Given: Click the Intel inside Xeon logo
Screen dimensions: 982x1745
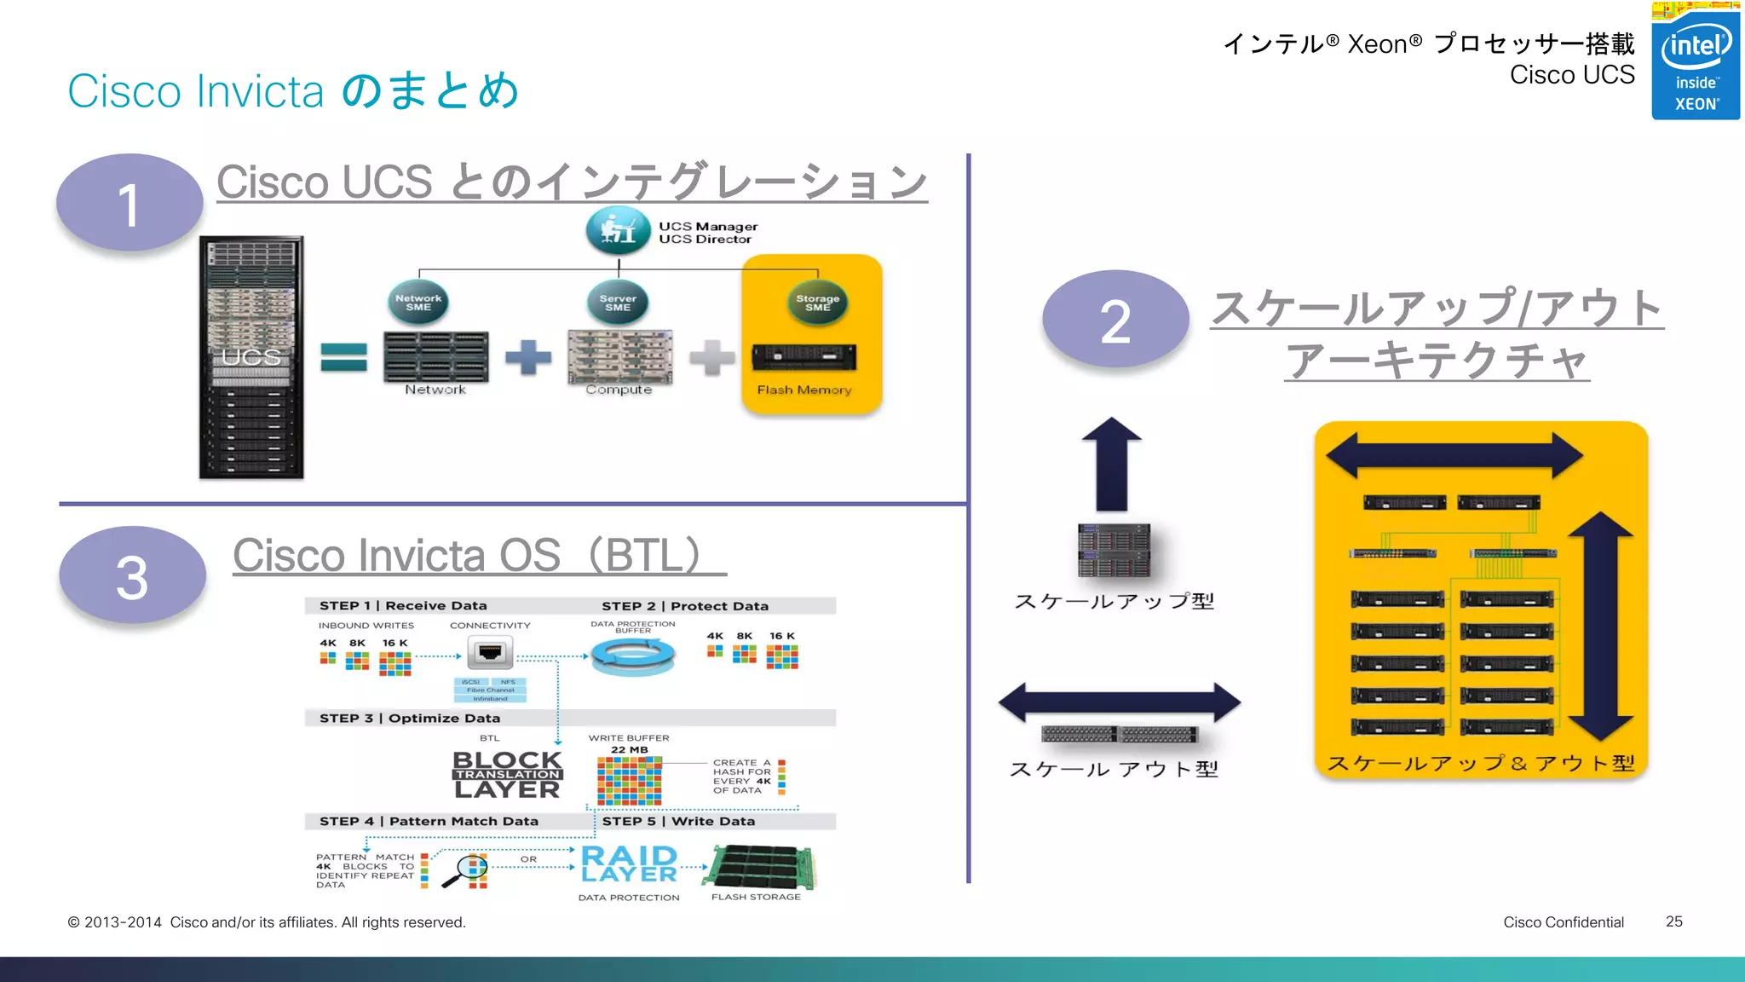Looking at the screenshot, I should [x=1695, y=61].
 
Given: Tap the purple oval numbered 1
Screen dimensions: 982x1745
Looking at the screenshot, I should [x=130, y=203].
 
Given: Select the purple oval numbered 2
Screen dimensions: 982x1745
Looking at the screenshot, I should [x=1115, y=320].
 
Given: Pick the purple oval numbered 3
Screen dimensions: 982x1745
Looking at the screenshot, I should [x=132, y=575].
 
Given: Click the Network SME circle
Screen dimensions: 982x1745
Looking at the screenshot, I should [x=418, y=303].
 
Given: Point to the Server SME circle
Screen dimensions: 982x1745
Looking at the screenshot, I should [x=618, y=303].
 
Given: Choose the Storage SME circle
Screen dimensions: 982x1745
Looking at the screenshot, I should [x=817, y=303].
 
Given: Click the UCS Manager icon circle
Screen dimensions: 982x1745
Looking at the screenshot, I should [x=618, y=230].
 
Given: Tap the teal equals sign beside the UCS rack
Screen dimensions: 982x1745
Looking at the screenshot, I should [x=344, y=357].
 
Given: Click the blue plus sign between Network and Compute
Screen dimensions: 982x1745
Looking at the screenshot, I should [x=528, y=357].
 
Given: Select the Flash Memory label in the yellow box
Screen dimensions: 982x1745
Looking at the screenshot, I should [x=804, y=390].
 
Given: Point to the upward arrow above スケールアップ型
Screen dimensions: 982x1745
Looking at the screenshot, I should [x=1112, y=464].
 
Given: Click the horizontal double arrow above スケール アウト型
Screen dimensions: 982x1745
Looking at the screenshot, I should [x=1120, y=702].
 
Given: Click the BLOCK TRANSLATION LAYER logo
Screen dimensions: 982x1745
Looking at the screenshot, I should [x=507, y=774].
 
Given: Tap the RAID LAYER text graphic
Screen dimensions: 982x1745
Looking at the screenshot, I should [x=629, y=864].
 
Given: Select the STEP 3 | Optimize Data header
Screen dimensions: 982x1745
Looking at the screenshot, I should [x=410, y=718].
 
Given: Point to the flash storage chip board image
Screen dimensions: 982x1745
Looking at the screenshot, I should [x=763, y=867].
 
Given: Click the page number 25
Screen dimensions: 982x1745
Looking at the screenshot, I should [x=1673, y=921].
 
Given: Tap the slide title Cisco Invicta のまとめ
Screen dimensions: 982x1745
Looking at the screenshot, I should [x=293, y=90].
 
